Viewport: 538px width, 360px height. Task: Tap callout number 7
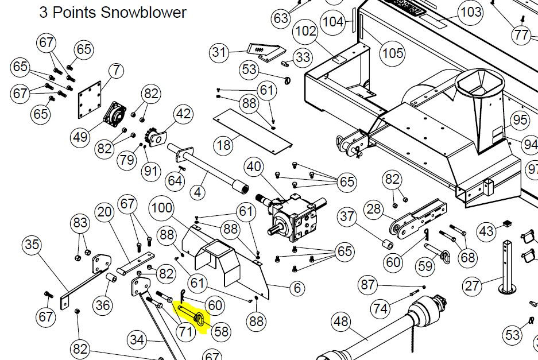coord(117,71)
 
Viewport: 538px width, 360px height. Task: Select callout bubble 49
coord(80,137)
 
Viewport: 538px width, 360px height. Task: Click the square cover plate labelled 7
coord(90,100)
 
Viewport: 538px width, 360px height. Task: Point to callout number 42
coord(183,114)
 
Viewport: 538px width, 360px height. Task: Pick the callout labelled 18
coord(224,145)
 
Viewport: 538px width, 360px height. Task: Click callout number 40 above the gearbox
coord(254,167)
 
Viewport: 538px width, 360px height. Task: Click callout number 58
coord(221,331)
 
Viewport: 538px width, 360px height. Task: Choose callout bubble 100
coord(162,208)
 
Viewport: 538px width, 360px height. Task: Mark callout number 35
coord(32,245)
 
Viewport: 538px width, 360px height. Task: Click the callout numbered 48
coord(341,322)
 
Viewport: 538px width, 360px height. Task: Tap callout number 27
coord(472,285)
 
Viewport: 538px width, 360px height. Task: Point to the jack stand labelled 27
coord(507,267)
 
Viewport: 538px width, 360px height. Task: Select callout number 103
coord(471,13)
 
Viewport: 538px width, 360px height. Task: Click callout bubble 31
coord(219,52)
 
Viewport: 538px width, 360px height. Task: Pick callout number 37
coord(347,216)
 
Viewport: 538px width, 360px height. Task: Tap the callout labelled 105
coord(393,53)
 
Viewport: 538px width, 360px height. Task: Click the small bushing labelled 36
coord(111,277)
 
